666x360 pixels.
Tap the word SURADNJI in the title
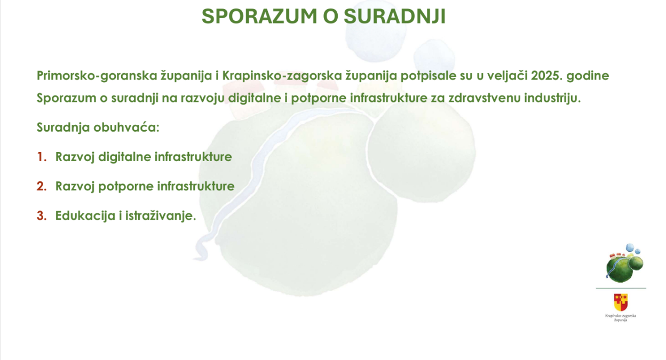tap(394, 16)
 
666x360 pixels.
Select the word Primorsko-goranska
tap(97, 76)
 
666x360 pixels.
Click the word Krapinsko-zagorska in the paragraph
tap(282, 76)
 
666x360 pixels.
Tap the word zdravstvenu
tap(485, 98)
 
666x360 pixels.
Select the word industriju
tap(552, 98)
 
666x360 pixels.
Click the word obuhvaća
tap(126, 127)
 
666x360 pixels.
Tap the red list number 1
tap(42, 157)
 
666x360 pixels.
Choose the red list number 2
tap(42, 186)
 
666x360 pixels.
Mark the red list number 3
tap(42, 215)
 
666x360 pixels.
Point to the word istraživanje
tap(161, 216)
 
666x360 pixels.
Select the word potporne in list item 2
tap(126, 187)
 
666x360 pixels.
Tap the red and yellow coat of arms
tap(621, 302)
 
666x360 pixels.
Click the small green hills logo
tap(624, 263)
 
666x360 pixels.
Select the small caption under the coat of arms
tap(621, 318)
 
